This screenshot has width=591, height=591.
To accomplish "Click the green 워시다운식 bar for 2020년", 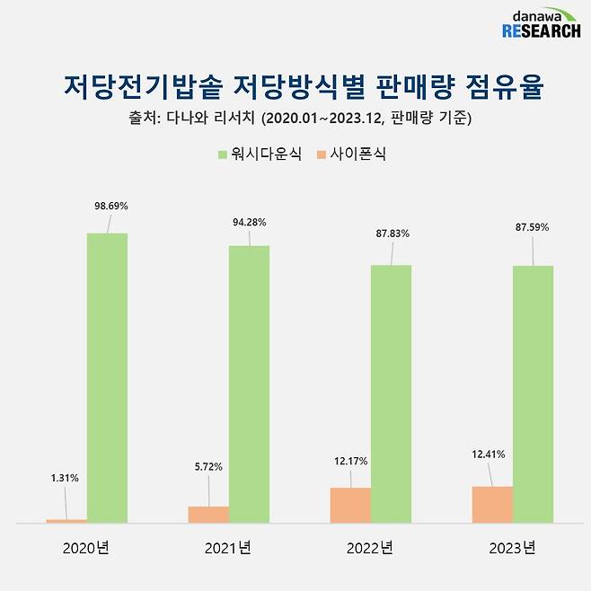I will coord(107,377).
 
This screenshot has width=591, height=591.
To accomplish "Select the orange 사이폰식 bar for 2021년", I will coord(208,514).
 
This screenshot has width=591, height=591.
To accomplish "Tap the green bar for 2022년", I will coord(391,393).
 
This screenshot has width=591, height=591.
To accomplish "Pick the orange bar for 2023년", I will coord(492,504).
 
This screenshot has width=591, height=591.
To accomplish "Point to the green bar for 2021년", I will coord(249,384).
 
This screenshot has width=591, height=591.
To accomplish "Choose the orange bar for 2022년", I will coord(350,505).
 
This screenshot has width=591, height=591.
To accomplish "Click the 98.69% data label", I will coord(111,206).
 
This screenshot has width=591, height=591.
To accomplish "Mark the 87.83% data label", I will coord(393,234).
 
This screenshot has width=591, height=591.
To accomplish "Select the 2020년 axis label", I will coord(86,547).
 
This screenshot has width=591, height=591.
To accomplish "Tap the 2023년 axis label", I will coord(513,547).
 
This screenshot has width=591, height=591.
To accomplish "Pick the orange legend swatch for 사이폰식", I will coord(322,154).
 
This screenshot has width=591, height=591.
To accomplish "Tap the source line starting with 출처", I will coord(296,119).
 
